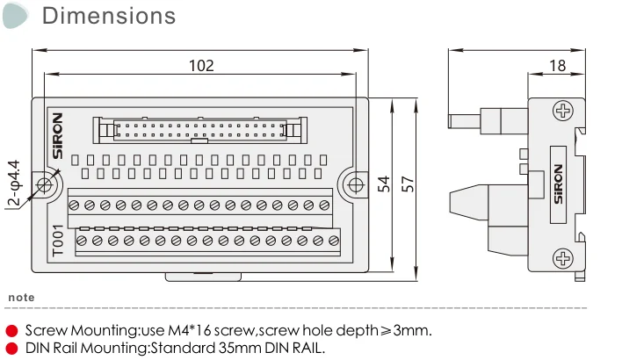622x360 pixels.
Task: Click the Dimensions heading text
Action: click(109, 16)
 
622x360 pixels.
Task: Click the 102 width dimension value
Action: click(201, 66)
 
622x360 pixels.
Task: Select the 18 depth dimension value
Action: click(557, 66)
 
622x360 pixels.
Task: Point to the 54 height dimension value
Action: click(384, 184)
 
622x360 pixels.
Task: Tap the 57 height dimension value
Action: click(408, 184)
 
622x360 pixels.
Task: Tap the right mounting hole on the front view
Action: click(355, 185)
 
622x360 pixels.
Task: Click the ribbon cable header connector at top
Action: click(201, 130)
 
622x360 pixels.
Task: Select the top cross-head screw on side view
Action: click(562, 111)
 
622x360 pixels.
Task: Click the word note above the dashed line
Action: click(21, 298)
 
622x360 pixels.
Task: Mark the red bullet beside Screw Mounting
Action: click(11, 331)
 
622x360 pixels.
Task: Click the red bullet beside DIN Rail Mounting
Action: click(11, 348)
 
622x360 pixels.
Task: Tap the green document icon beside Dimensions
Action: click(14, 14)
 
